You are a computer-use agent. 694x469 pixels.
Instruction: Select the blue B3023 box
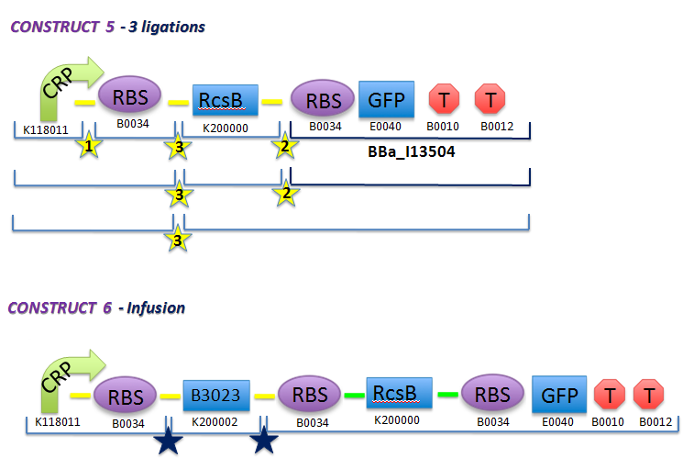216,396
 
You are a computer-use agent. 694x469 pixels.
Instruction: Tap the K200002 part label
216,422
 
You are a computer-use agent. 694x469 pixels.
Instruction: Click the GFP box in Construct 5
387,99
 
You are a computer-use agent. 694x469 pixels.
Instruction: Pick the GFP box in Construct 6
559,396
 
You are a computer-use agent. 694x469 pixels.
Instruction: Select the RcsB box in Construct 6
394,395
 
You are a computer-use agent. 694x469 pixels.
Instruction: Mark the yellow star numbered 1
88,146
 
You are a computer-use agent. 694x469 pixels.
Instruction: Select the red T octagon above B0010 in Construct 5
444,99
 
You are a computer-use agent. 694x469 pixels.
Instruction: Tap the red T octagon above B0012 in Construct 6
649,396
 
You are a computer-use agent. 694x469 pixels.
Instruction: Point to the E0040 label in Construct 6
559,422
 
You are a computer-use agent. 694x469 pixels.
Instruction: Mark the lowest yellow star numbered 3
180,240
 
